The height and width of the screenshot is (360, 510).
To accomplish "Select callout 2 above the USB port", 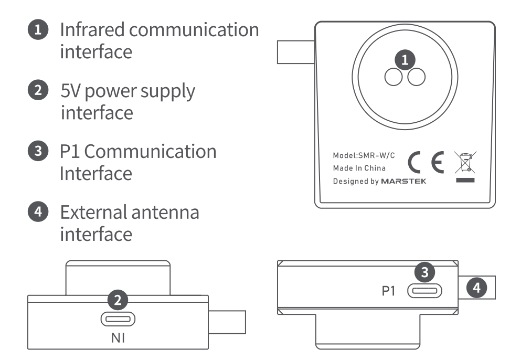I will [119, 300].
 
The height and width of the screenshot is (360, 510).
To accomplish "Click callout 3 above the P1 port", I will [426, 272].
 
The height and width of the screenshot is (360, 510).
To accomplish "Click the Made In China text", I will [359, 168].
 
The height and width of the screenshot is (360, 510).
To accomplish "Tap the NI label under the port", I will [118, 338].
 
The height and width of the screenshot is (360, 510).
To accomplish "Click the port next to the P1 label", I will [424, 290].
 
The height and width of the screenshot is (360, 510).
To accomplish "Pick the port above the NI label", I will [118, 319].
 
